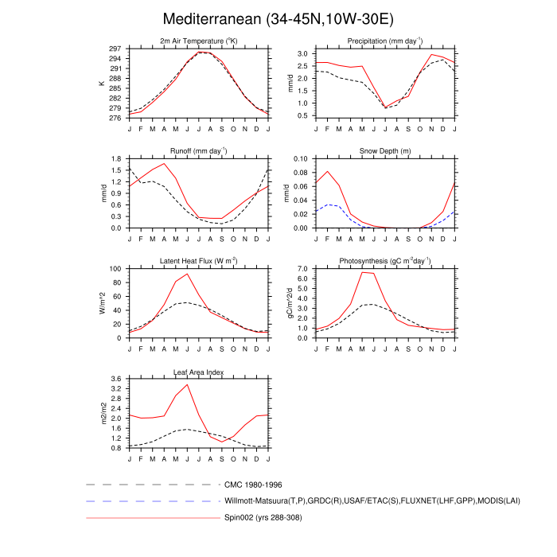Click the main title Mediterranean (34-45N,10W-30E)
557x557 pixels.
[278, 18]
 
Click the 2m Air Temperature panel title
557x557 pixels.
[198, 41]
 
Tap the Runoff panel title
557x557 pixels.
[198, 150]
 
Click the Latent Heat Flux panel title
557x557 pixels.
[198, 261]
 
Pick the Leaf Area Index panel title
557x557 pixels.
[198, 372]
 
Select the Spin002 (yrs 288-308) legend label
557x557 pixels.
[263, 518]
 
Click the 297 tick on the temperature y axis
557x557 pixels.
[116, 49]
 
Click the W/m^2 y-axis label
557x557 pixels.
[101, 303]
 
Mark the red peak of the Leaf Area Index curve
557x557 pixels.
[188, 384]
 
